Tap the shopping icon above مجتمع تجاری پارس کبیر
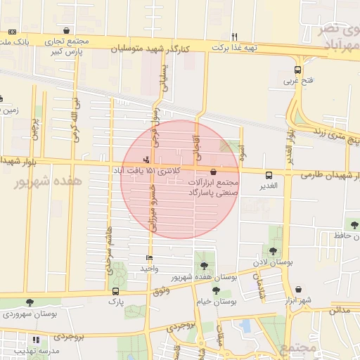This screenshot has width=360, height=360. point(66,31)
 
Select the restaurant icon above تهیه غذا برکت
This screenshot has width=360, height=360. point(235,37)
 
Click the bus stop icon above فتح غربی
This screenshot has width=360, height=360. point(297,70)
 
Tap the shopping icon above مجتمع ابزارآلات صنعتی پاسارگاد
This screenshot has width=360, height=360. point(213,172)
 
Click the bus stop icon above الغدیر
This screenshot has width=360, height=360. point(268,175)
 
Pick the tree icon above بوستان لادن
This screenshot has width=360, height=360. point(272,251)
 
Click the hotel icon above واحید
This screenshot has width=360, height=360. point(148,259)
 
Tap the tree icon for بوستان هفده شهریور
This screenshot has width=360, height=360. point(204,266)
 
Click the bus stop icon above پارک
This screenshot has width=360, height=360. point(115,291)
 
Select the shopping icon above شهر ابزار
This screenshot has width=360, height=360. point(299,290)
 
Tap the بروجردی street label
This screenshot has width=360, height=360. point(180,326)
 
